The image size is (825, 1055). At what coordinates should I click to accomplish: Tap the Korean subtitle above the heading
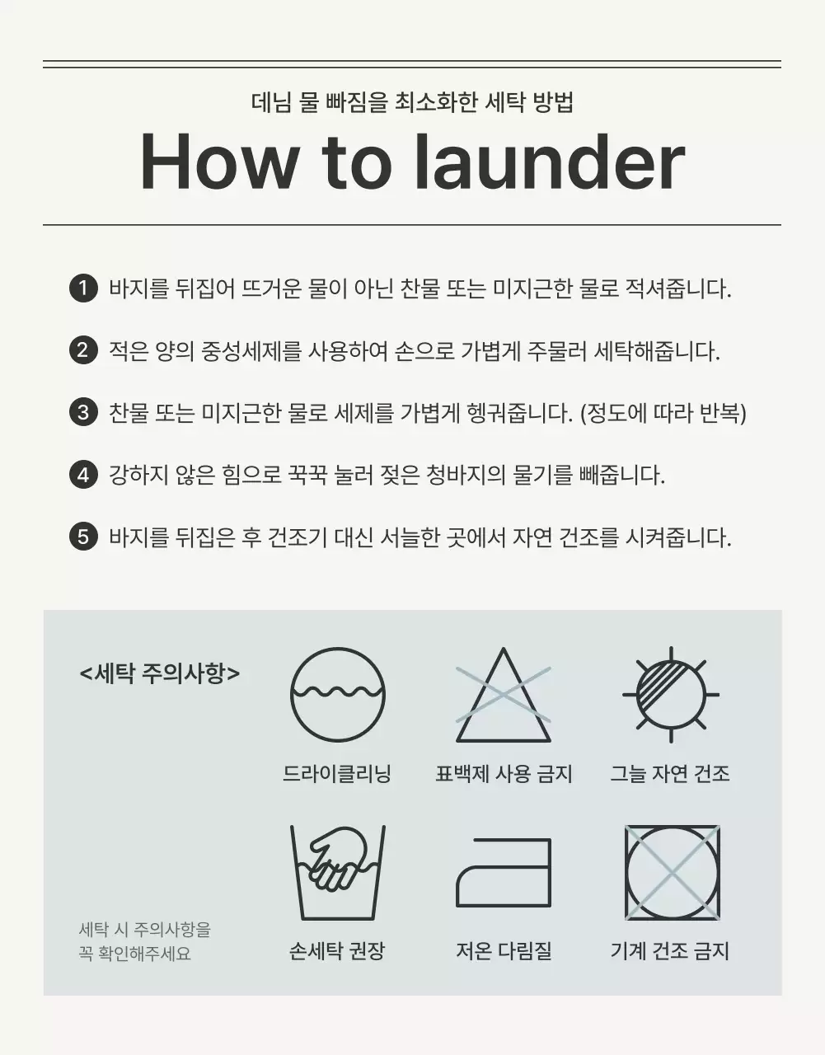pyautogui.click(x=412, y=103)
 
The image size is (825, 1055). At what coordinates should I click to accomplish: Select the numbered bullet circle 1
pyautogui.click(x=83, y=288)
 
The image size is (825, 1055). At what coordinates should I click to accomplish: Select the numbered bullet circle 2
pyautogui.click(x=83, y=350)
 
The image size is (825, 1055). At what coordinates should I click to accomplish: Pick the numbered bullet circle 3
pyautogui.click(x=83, y=412)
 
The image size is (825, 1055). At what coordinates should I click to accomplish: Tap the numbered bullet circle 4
pyautogui.click(x=83, y=475)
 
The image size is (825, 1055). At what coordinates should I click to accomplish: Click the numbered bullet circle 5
pyautogui.click(x=83, y=537)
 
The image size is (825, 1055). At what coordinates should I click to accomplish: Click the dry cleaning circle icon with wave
pyautogui.click(x=337, y=695)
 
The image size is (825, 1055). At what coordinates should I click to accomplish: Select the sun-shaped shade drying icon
pyautogui.click(x=670, y=695)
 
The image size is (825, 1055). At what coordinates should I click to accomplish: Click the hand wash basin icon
pyautogui.click(x=337, y=872)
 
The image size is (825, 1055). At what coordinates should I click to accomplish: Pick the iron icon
pyautogui.click(x=504, y=873)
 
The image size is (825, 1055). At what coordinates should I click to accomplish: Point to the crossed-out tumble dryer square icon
pyautogui.click(x=672, y=872)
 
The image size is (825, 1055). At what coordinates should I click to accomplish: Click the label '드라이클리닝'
pyautogui.click(x=337, y=774)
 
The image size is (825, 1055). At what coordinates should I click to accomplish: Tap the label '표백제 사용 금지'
pyautogui.click(x=504, y=774)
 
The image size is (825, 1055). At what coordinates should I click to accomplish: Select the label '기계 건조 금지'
pyautogui.click(x=670, y=951)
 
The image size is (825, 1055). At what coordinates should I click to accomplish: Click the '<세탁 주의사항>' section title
pyautogui.click(x=160, y=673)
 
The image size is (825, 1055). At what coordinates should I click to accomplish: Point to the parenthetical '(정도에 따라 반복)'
pyautogui.click(x=663, y=413)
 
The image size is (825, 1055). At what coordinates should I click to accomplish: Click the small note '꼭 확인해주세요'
pyautogui.click(x=135, y=954)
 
